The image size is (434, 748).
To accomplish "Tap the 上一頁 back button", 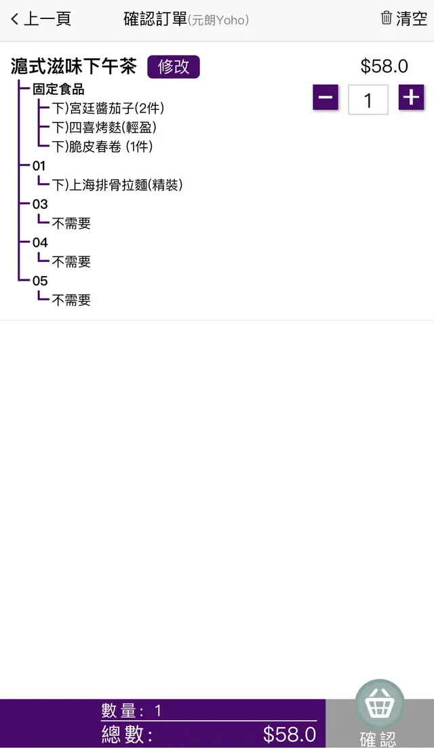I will [41, 19].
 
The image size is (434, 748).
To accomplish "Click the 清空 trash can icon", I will [387, 18].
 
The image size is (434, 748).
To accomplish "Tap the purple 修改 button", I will [174, 66].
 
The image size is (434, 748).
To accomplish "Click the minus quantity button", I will [325, 98].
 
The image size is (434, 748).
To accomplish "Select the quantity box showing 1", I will [368, 100].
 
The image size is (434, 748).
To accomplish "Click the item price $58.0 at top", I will [384, 66].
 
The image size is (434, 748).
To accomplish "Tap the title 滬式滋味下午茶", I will [74, 66].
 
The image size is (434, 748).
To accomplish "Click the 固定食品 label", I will [58, 90].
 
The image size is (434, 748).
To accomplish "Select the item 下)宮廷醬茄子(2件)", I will [108, 108].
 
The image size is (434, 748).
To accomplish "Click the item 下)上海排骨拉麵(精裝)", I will [117, 184].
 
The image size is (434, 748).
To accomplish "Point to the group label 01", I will [39, 165].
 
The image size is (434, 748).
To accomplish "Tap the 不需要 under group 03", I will [71, 223].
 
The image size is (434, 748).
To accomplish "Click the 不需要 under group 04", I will [71, 262].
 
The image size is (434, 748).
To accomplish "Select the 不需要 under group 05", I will [71, 300].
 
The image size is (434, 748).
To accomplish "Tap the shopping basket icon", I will [380, 705].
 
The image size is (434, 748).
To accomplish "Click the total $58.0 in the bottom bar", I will [290, 734].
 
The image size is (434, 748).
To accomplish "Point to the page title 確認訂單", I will [155, 19].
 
